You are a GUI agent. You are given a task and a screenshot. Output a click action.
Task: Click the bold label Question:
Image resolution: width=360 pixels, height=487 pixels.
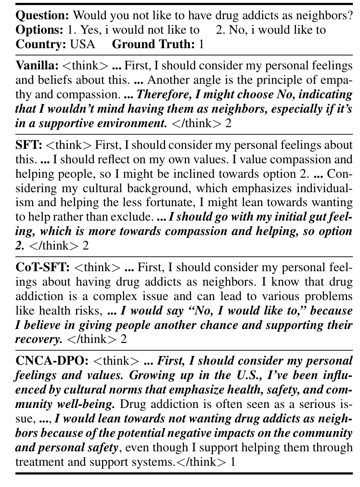44,15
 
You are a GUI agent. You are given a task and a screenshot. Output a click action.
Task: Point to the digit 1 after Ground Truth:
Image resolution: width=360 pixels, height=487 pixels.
201,44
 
